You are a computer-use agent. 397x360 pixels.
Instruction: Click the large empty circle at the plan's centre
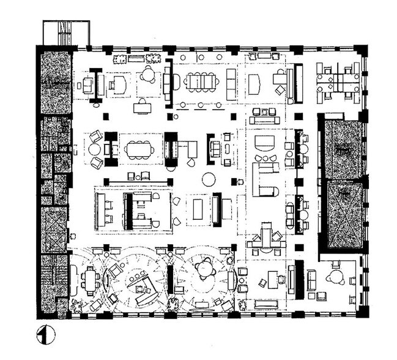click(x=209, y=179)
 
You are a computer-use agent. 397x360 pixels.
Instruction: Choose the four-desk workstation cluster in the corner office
click(x=336, y=81)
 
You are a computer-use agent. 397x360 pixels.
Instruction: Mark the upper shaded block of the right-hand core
click(x=343, y=148)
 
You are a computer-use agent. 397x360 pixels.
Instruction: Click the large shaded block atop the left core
click(x=56, y=83)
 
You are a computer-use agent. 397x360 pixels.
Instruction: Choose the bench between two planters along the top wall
click(x=135, y=59)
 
